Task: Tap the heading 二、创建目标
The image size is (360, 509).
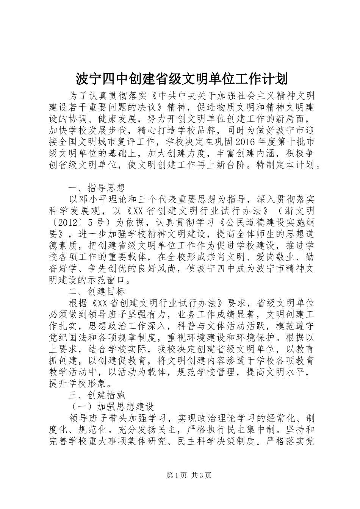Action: click(96, 291)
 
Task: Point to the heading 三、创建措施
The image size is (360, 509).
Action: click(96, 395)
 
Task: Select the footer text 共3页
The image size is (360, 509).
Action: click(202, 475)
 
